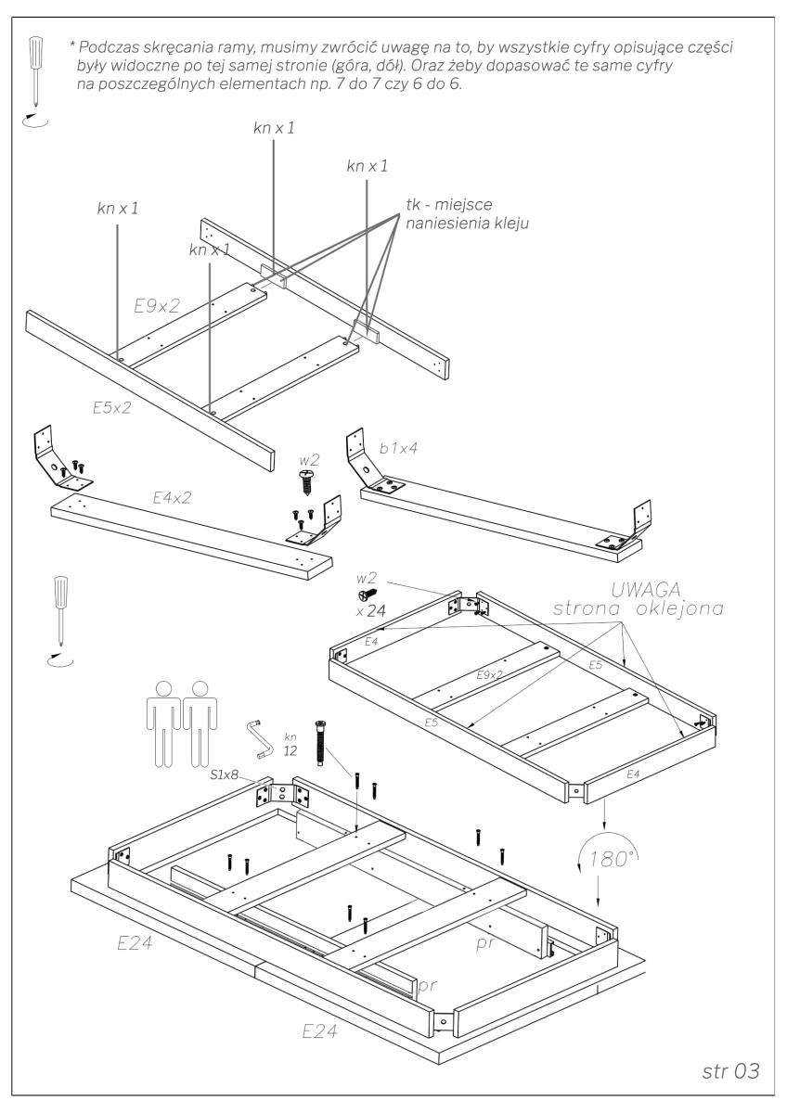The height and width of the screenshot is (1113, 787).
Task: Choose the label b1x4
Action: point(400,449)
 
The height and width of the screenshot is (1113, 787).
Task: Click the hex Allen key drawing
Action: point(257,739)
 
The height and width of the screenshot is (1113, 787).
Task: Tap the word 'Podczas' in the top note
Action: point(111,47)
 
